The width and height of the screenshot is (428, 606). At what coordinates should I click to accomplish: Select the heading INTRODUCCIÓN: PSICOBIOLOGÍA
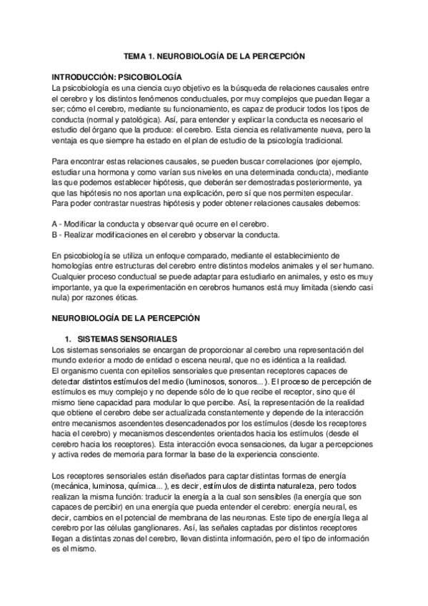click(x=117, y=76)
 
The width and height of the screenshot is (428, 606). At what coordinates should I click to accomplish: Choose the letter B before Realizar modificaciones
click(x=56, y=234)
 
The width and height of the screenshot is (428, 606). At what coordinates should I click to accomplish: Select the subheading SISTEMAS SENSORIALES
click(x=126, y=338)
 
